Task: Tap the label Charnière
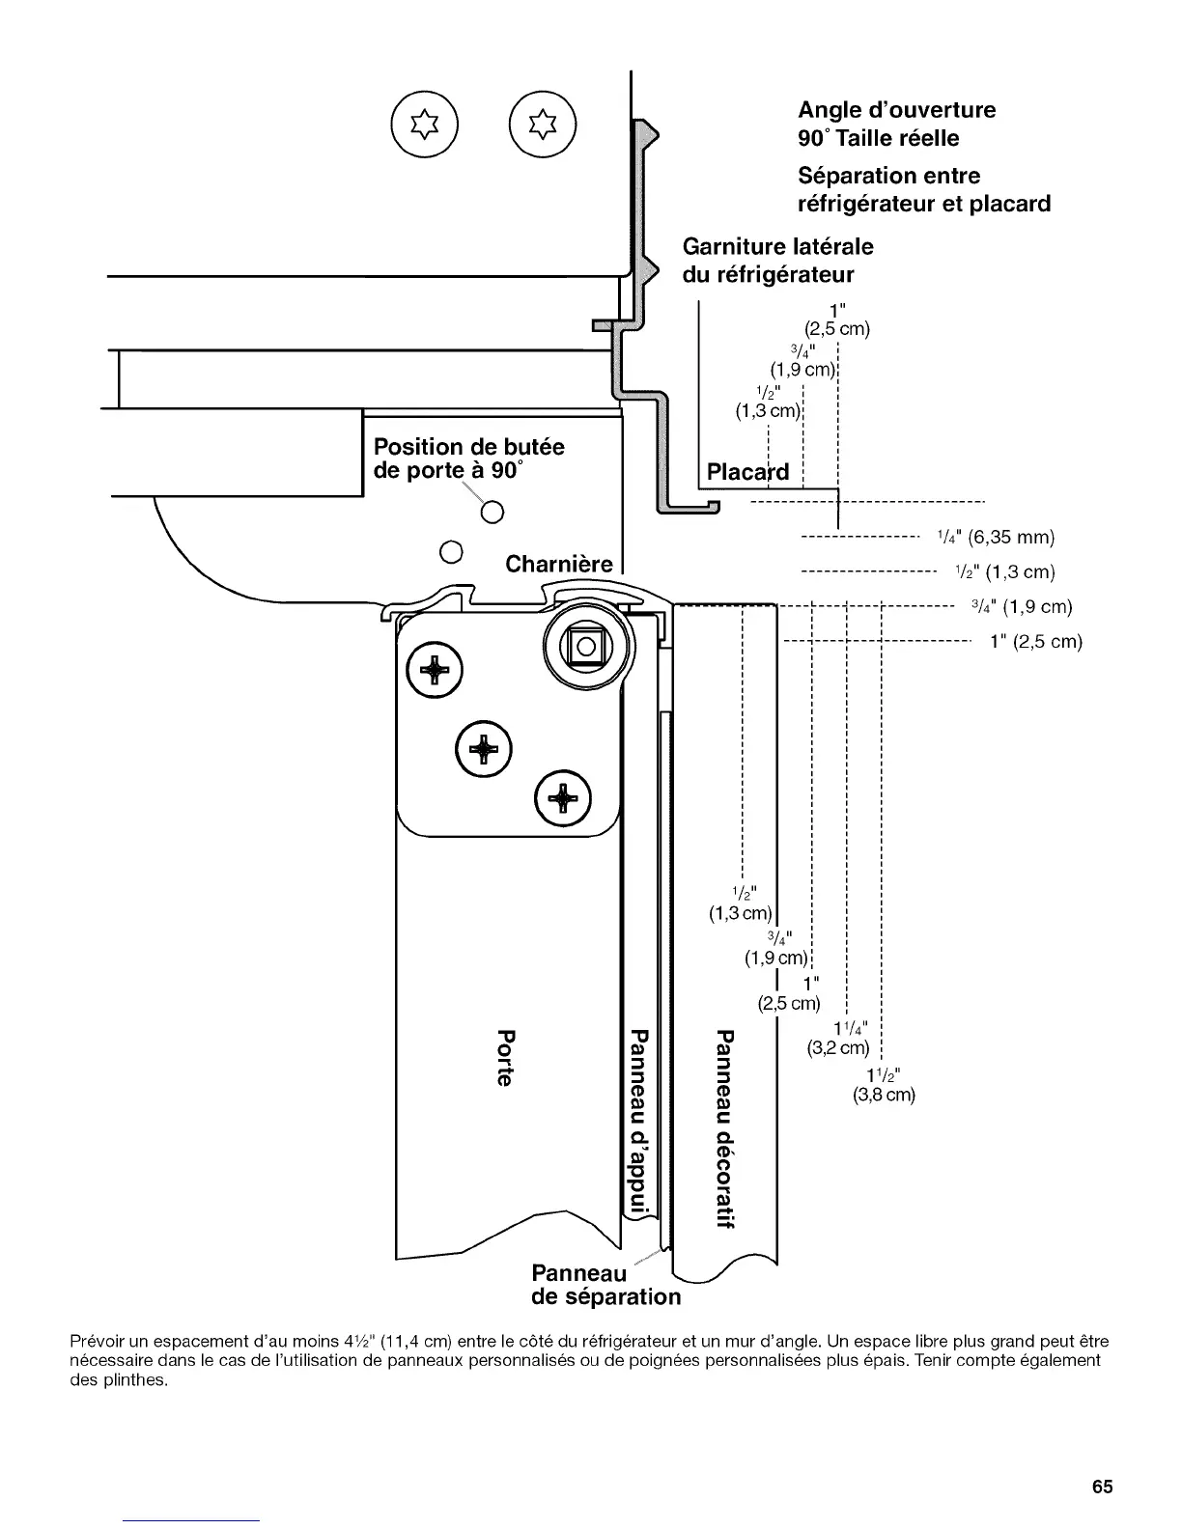coord(559,564)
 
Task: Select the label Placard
coord(747,472)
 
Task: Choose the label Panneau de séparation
coord(605,1285)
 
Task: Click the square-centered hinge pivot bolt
coord(585,646)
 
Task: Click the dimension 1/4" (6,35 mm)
coord(996,537)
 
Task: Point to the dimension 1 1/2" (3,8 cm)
coord(884,1086)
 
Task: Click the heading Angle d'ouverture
coord(896,110)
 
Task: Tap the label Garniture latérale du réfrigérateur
coord(777,261)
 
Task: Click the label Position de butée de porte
coord(468,459)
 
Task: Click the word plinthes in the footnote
coord(131,1379)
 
